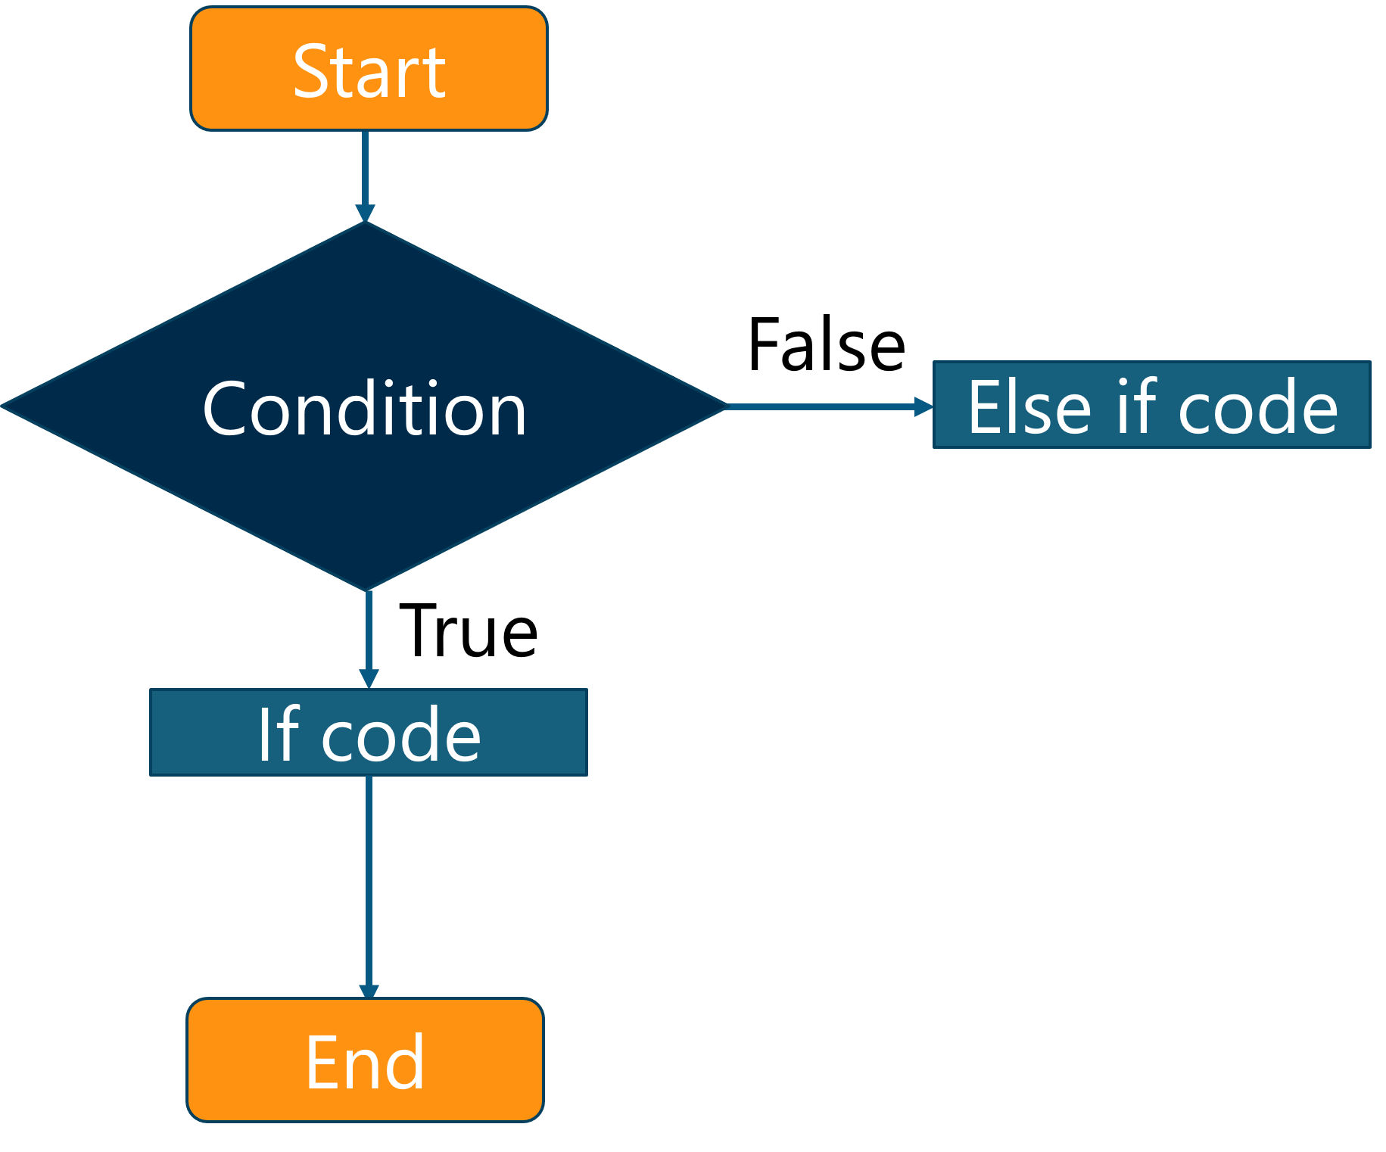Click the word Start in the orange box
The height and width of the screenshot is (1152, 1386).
click(x=369, y=72)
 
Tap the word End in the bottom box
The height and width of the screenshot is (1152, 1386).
click(x=365, y=1063)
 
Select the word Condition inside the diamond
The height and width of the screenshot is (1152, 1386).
click(x=364, y=409)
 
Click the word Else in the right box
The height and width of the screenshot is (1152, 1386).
click(x=1029, y=408)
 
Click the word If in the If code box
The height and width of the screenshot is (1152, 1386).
click(x=279, y=733)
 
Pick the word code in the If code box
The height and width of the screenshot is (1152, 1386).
click(x=400, y=735)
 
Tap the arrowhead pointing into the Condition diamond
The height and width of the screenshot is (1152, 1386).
click(x=365, y=213)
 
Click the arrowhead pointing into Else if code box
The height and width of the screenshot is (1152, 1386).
click(x=923, y=407)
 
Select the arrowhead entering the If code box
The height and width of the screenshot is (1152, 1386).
click(x=369, y=678)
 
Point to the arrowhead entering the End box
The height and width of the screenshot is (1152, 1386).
click(x=369, y=992)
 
